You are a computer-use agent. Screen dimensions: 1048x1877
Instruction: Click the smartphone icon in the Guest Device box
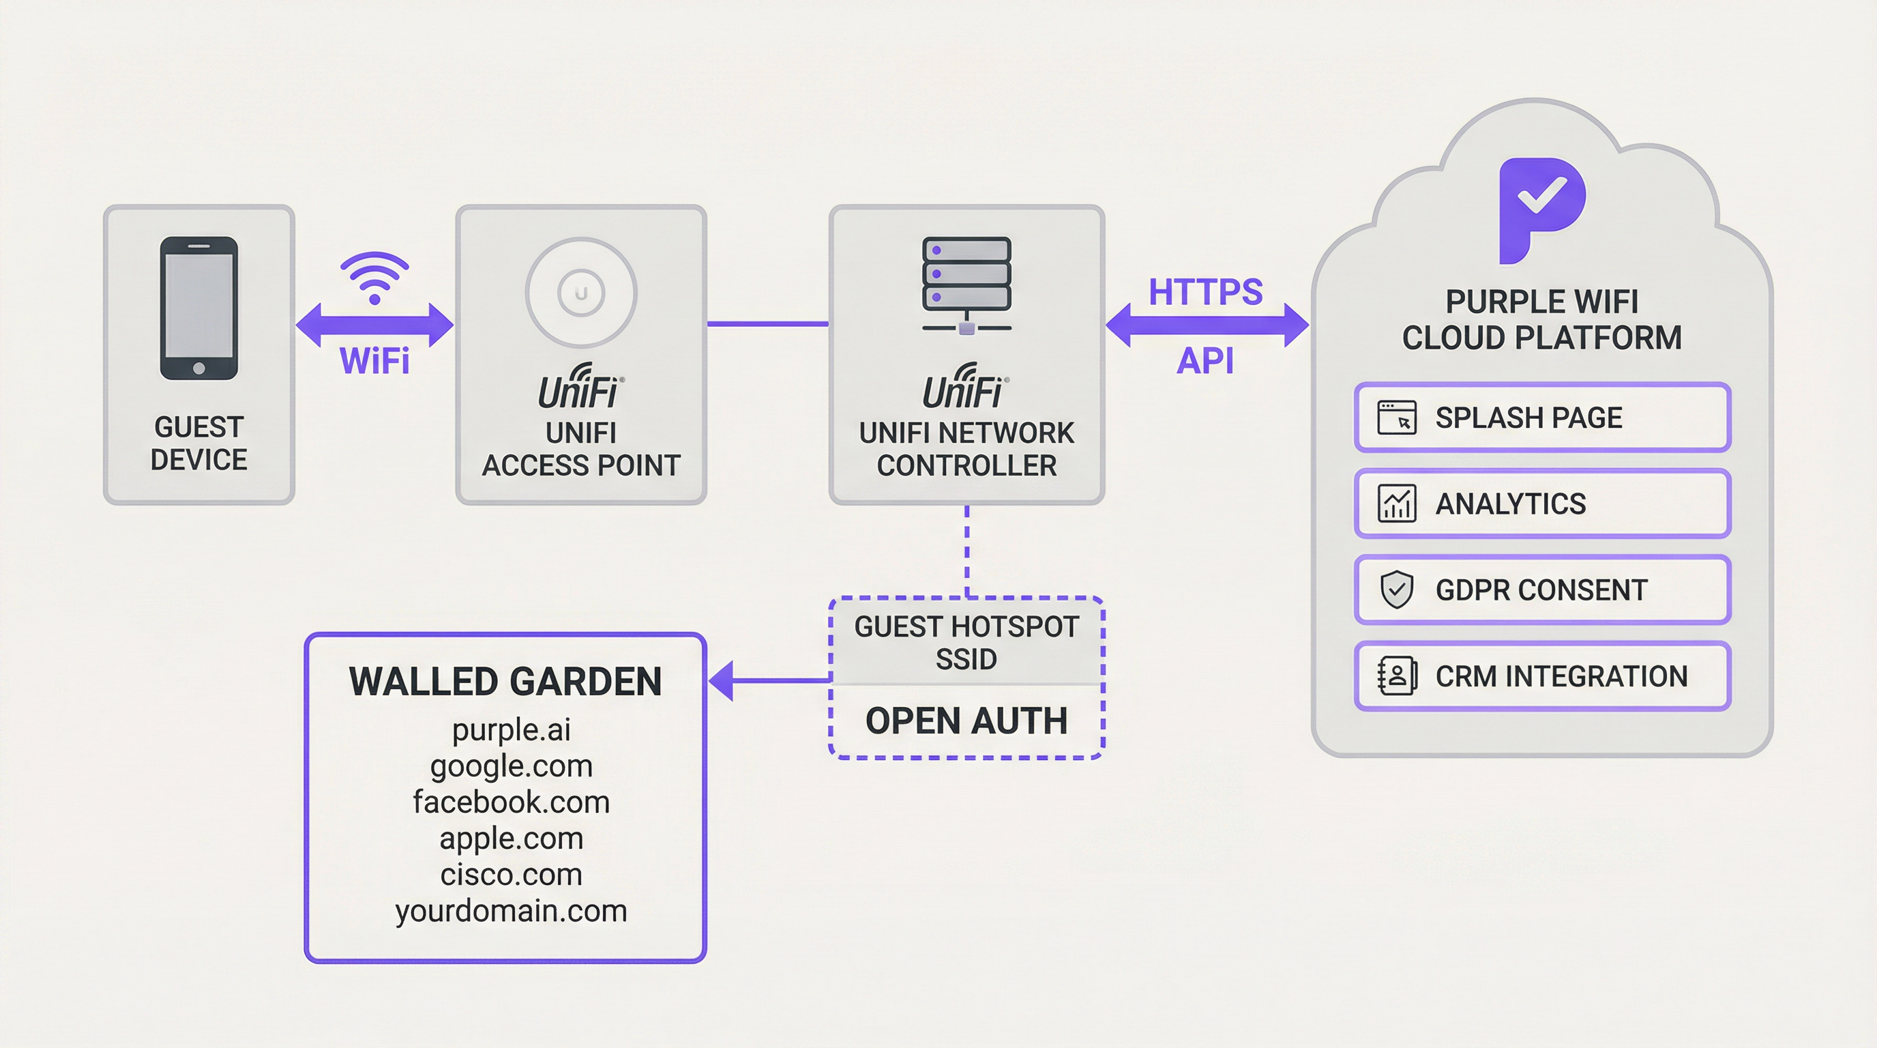199,308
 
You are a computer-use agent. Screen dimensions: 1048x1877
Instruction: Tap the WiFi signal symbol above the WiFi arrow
374,277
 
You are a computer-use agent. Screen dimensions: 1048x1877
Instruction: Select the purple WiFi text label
374,361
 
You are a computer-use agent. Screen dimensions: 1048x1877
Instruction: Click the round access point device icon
580,292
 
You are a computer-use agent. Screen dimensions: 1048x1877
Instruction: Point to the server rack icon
966,285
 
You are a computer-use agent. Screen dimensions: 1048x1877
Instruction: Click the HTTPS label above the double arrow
1205,292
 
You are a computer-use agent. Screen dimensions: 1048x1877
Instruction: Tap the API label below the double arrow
1205,361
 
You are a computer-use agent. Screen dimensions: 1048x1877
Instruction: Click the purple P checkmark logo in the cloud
1542,209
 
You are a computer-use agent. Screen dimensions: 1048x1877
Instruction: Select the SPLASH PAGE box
1542,418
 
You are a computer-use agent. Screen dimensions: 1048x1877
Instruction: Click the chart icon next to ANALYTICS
1396,504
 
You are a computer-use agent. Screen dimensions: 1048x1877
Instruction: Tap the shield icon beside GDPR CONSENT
1396,589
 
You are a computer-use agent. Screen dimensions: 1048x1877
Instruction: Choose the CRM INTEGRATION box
1542,676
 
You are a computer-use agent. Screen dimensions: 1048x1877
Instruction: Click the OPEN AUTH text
966,720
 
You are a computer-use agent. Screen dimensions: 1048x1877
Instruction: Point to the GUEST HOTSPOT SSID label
966,642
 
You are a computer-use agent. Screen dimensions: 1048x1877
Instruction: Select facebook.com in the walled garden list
511,802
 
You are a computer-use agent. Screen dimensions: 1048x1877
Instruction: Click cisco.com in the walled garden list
511,875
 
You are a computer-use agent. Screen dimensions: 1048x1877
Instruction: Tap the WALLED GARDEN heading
505,682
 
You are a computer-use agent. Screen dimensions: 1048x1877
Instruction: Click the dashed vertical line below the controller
967,550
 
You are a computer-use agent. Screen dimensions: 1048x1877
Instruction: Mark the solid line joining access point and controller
767,323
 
